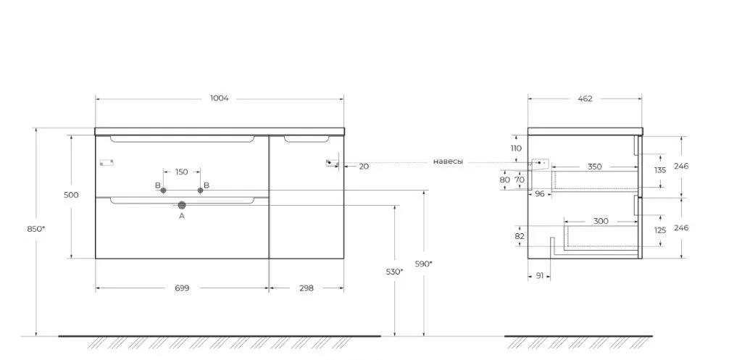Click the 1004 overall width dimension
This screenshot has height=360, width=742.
point(220,99)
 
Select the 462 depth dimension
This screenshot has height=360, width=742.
point(584,99)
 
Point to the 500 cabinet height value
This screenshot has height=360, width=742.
point(71,195)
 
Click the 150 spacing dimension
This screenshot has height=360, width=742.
point(181,172)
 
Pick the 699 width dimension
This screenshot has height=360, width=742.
point(182,288)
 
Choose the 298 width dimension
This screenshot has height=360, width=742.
point(306,288)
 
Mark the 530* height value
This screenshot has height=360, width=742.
point(394,272)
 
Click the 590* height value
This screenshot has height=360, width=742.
point(424,264)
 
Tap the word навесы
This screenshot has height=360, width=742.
point(448,162)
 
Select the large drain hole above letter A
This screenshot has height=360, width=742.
point(182,206)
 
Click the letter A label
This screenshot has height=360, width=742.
point(182,216)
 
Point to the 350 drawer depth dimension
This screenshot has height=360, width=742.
point(594,167)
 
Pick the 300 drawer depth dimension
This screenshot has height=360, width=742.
point(599,221)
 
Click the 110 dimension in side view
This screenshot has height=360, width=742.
point(516,148)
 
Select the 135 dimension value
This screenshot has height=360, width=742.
point(660,170)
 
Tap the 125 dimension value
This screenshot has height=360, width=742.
point(660,230)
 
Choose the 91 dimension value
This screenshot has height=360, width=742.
point(539,275)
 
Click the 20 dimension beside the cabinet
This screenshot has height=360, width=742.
point(364,166)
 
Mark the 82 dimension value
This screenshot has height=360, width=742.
point(519,236)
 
